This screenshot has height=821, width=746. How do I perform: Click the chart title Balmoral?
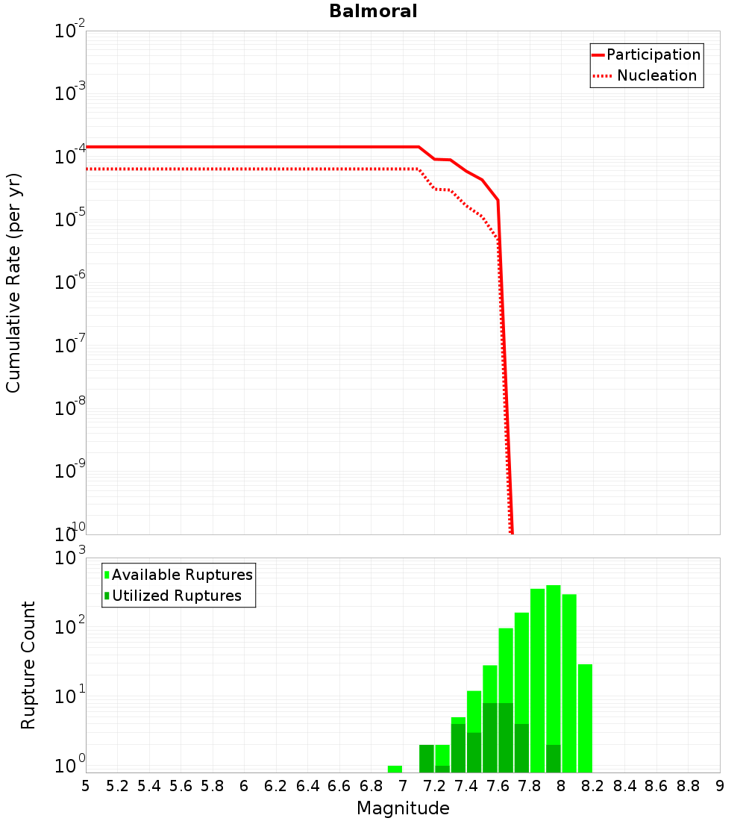click(373, 11)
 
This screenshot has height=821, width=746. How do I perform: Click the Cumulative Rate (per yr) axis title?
click(13, 282)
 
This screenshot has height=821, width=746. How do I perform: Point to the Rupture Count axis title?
click(28, 664)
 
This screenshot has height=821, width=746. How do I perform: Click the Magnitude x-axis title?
click(403, 808)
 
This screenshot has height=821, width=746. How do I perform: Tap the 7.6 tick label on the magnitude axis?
click(498, 785)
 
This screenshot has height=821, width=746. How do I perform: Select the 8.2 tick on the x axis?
click(593, 785)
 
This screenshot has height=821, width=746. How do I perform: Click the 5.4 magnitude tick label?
click(148, 785)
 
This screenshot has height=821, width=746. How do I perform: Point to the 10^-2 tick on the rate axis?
click(70, 32)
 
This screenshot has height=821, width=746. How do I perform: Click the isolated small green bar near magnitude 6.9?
click(395, 769)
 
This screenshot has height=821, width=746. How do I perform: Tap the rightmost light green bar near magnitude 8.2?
click(585, 717)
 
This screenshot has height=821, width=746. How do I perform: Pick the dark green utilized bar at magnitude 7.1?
click(426, 758)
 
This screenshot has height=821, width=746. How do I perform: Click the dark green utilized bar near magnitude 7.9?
click(553, 758)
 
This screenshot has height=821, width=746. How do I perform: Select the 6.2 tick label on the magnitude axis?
click(275, 785)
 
